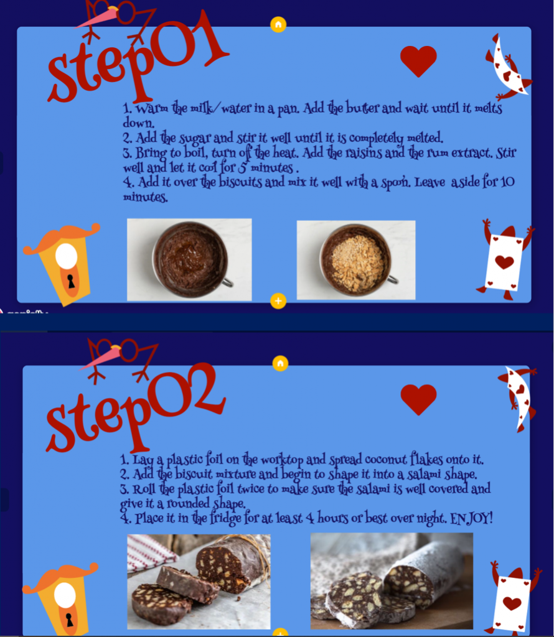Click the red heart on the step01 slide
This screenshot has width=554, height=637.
(418, 60)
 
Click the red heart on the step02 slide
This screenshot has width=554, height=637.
(419, 399)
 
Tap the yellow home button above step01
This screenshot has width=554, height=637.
(278, 25)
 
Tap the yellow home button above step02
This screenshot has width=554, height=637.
(280, 363)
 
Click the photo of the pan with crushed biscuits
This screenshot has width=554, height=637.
(356, 260)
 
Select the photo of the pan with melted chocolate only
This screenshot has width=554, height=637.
(189, 259)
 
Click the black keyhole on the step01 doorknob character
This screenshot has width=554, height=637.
(71, 281)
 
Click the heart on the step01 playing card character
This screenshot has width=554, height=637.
(504, 262)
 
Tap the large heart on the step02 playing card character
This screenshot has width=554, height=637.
(512, 603)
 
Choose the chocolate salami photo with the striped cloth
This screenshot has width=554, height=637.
(199, 582)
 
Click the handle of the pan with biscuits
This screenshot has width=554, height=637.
(393, 279)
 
